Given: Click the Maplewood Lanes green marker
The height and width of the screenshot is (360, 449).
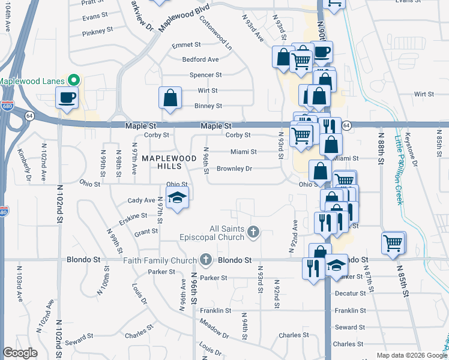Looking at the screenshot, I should [x=74, y=80].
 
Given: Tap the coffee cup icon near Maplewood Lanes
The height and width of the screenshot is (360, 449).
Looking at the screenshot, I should [x=67, y=97].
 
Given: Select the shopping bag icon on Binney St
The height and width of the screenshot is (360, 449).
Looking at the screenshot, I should [x=170, y=98].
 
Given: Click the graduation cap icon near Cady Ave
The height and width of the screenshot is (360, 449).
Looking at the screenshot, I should [x=178, y=198].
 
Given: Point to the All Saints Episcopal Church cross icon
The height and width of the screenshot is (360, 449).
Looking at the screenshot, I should [x=253, y=231].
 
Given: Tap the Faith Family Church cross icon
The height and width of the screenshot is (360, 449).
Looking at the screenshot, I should [x=206, y=260].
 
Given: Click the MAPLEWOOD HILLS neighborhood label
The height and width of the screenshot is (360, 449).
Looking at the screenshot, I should [x=160, y=162].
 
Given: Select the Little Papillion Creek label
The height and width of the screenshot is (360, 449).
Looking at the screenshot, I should [x=399, y=169].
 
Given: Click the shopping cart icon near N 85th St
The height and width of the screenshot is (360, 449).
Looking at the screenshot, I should [x=393, y=243].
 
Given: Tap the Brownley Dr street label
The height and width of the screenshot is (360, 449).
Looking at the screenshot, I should [x=234, y=169].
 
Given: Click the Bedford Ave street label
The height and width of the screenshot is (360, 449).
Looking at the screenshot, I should [x=200, y=59].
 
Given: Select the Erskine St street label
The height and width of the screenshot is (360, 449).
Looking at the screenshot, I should [x=133, y=216].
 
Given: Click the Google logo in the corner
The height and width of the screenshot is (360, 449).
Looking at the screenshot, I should [x=20, y=353].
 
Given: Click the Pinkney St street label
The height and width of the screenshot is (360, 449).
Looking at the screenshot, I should [x=98, y=31].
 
